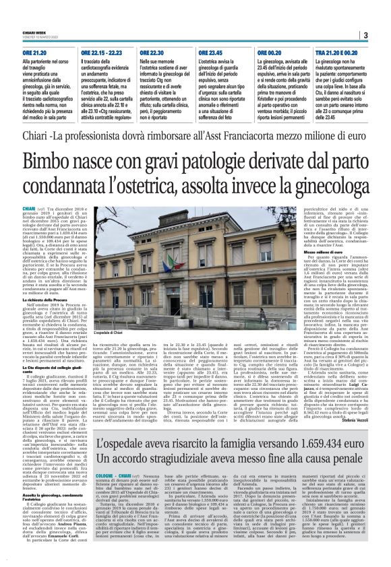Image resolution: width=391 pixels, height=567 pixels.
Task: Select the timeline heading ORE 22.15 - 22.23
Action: tap(102, 51)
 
